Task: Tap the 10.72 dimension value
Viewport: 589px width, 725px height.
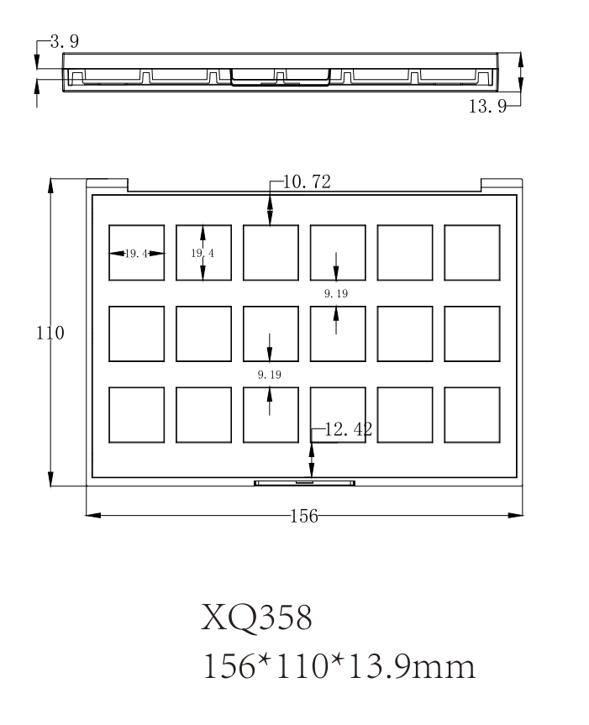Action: (x=306, y=181)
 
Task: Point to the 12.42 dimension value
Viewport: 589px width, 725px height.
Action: (x=347, y=430)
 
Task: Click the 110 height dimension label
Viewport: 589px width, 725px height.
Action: (x=50, y=333)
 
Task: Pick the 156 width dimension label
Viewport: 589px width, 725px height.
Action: (x=304, y=516)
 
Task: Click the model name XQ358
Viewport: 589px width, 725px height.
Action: (x=257, y=619)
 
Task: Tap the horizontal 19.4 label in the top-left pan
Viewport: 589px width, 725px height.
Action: (x=136, y=253)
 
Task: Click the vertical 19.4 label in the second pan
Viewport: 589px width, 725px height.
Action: (x=201, y=253)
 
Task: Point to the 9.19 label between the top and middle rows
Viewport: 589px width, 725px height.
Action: (x=335, y=293)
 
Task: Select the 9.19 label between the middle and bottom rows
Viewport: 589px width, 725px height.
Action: (x=269, y=373)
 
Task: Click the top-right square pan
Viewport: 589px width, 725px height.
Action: (x=471, y=252)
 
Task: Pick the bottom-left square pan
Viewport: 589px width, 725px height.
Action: (x=136, y=415)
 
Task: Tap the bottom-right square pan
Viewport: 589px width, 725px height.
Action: (x=471, y=415)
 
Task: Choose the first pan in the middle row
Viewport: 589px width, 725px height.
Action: (x=136, y=334)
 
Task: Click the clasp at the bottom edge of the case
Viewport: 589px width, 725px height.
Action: (x=304, y=482)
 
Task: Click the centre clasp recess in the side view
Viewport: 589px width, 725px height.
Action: (x=280, y=78)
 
